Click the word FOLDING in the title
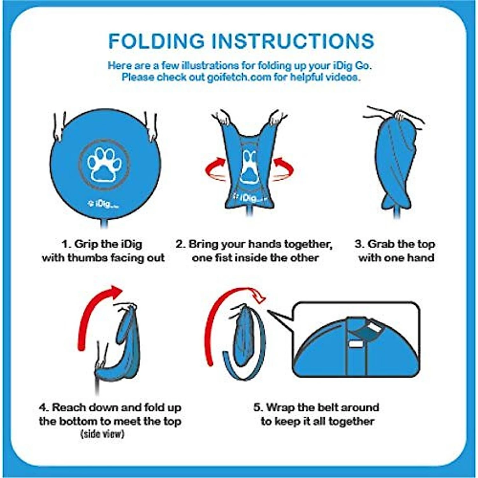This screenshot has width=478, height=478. pyautogui.click(x=156, y=41)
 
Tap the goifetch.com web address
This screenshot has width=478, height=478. pyautogui.click(x=239, y=77)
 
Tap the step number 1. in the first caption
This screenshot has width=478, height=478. pyautogui.click(x=66, y=244)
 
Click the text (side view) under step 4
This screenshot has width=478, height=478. pyautogui.click(x=103, y=434)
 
